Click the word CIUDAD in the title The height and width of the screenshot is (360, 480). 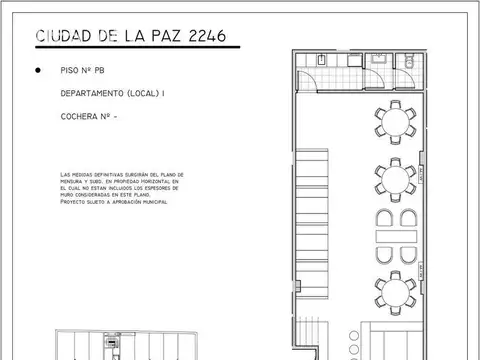point(67,37)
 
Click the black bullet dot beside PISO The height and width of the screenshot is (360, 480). point(38,72)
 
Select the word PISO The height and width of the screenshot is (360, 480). point(70,72)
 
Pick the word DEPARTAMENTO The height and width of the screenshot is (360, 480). point(95,95)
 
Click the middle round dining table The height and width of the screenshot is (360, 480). point(397,179)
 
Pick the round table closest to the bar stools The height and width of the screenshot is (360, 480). point(397,289)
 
